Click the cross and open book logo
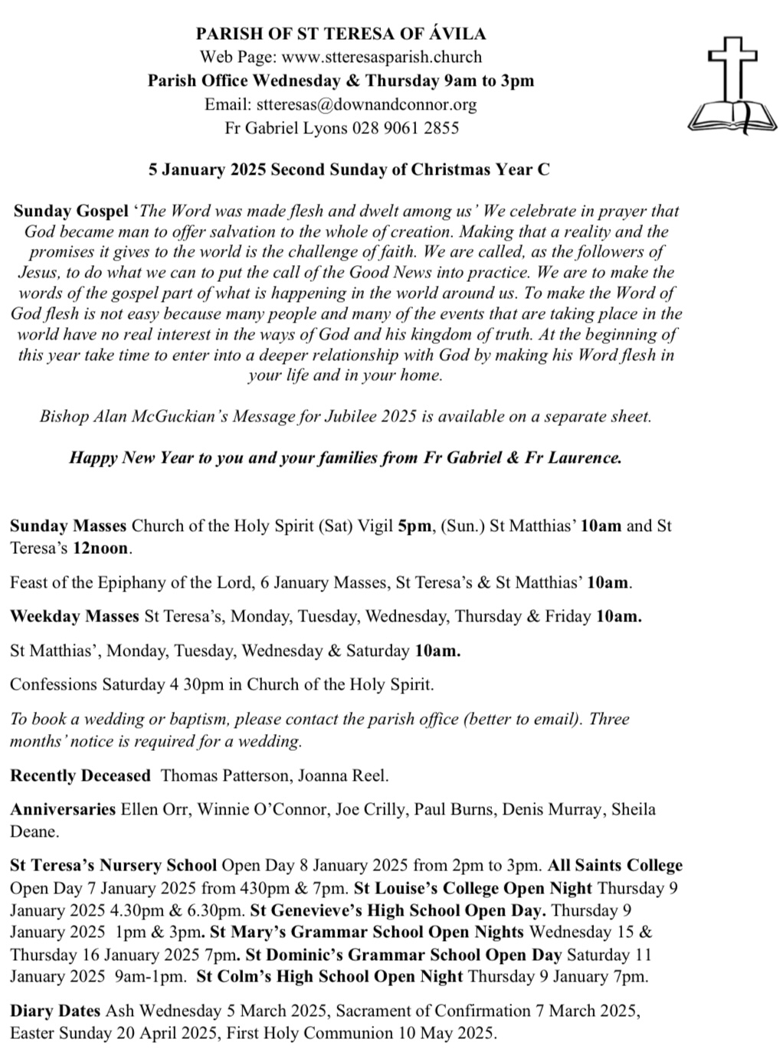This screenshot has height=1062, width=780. click(723, 84)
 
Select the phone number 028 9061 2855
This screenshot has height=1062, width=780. click(405, 128)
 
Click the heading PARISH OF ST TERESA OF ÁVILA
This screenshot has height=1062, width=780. click(341, 34)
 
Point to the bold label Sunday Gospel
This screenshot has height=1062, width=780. click(70, 211)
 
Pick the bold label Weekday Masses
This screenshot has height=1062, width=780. click(74, 616)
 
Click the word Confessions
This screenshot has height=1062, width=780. click(54, 684)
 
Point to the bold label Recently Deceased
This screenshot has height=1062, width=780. click(80, 775)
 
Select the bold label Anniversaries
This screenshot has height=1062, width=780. click(63, 809)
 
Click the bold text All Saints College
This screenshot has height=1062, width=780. click(614, 866)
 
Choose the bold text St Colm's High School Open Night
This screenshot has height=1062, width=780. click(329, 977)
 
